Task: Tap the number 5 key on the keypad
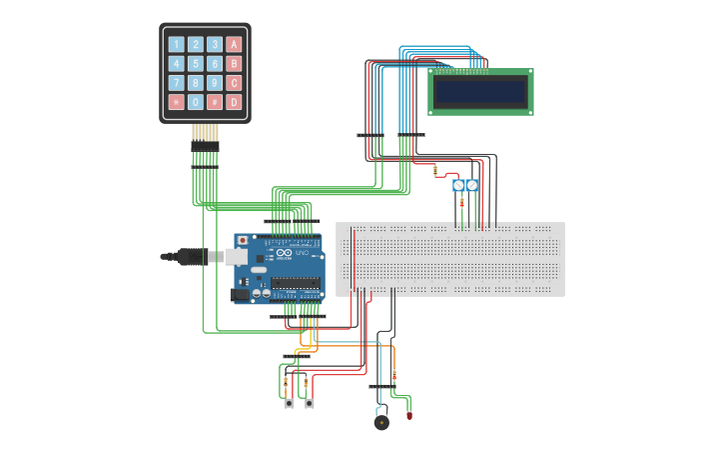[x=196, y=63]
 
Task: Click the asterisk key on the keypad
[x=177, y=102]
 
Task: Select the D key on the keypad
[x=234, y=102]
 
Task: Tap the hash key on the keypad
[x=215, y=102]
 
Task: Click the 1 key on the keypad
[x=177, y=44]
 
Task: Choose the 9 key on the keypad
[x=215, y=83]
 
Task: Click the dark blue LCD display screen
[x=480, y=92]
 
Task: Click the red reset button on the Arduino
[x=243, y=241]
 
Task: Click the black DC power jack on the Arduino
[x=240, y=294]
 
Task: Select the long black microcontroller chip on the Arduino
[x=296, y=283]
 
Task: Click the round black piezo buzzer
[x=381, y=422]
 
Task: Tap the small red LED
[x=409, y=414]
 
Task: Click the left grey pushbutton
[x=289, y=403]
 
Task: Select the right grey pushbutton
[x=310, y=403]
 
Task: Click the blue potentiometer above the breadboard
[x=465, y=185]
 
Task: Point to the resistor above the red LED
[x=394, y=376]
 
